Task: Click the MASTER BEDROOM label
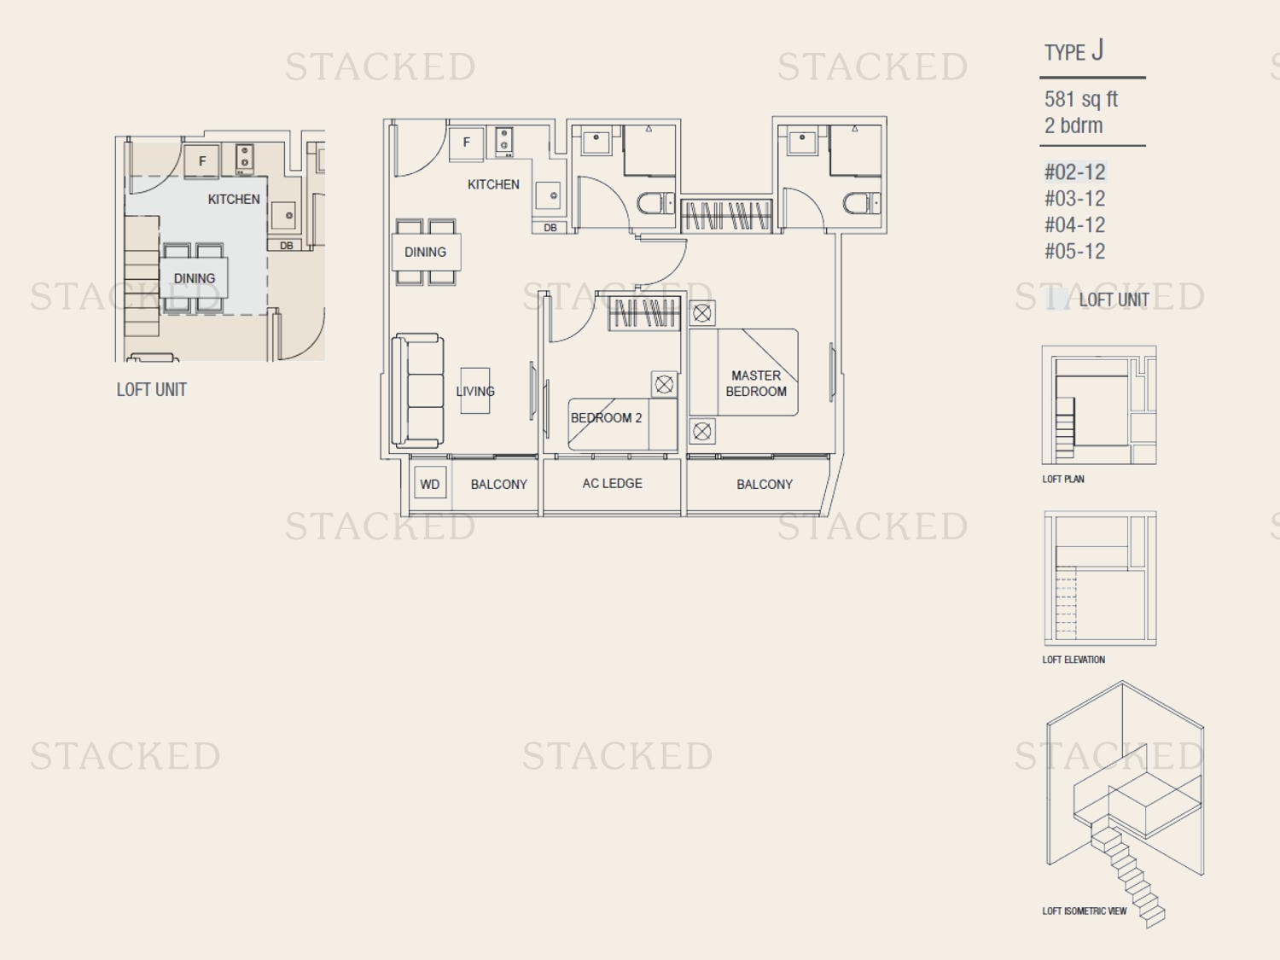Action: coord(756,383)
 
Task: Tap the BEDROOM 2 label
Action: coord(606,418)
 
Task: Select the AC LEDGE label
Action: coord(613,483)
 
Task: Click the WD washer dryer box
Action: coord(430,483)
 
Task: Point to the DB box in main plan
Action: coord(550,227)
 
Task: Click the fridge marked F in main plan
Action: coord(466,143)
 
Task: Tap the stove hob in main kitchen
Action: coord(503,143)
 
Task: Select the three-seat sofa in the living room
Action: coord(417,391)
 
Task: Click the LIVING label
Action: coord(475,391)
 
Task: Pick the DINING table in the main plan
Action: coord(427,252)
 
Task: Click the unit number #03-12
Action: coord(1074,199)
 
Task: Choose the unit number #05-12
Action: coord(1074,251)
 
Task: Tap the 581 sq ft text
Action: coord(1080,99)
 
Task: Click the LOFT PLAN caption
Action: coord(1063,479)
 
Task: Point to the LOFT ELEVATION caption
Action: coord(1073,660)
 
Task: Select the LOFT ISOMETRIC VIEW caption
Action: coord(1084,911)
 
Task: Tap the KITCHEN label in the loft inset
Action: coord(234,200)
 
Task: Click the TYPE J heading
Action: coord(1073,51)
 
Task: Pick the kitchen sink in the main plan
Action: coord(548,195)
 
